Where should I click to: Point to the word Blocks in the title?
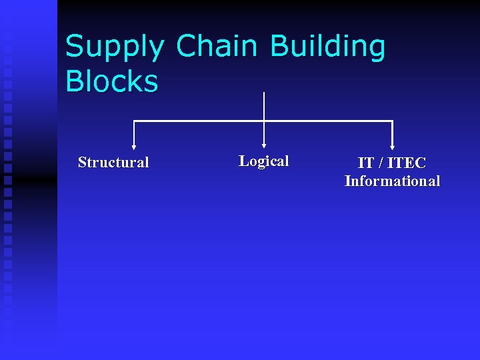111,81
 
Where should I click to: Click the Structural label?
113,162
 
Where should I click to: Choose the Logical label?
264,161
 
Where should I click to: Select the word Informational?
392,181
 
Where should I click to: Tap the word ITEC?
407,163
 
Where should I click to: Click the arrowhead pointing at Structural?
134,147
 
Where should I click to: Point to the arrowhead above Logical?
264,145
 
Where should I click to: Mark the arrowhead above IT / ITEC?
392,147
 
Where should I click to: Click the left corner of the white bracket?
134,121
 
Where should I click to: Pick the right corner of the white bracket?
392,121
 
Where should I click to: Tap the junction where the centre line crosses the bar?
264,121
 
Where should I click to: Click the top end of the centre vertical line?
264,93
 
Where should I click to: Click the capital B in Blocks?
75,81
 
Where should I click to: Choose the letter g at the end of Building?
376,50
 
